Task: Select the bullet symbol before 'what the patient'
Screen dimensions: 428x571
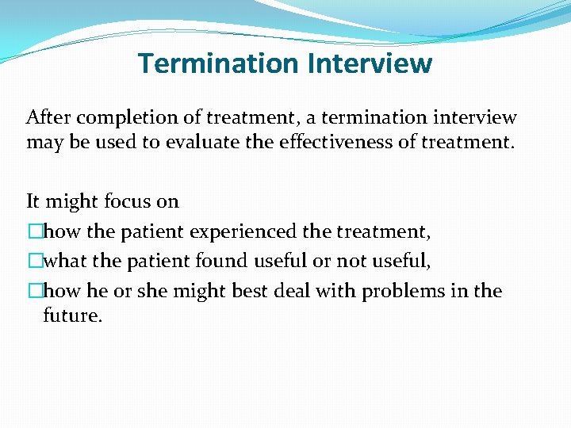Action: pos(33,262)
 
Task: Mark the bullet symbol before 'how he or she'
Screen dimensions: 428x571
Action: pos(33,291)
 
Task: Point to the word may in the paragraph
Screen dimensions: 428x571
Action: pos(42,143)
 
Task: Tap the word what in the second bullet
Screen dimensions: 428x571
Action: pos(66,262)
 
